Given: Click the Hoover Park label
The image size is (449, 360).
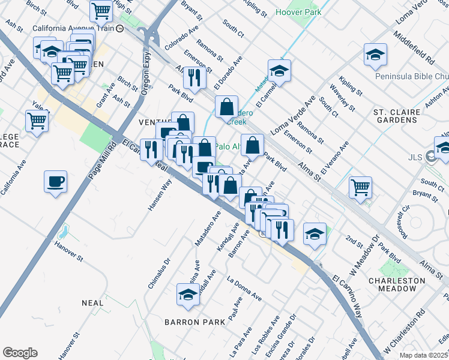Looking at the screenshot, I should [298, 12].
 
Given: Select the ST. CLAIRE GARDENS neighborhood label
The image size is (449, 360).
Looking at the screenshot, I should [395, 116].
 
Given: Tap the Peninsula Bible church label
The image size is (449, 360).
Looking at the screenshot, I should [412, 76].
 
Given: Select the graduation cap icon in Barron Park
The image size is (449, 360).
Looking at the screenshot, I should [188, 295].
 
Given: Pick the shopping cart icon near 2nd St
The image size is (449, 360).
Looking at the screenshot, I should [360, 187].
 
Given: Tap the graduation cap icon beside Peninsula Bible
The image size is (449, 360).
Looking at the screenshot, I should [375, 55].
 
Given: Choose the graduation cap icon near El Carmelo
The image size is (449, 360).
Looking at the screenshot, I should [279, 71].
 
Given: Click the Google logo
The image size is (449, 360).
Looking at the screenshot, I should [20, 353].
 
